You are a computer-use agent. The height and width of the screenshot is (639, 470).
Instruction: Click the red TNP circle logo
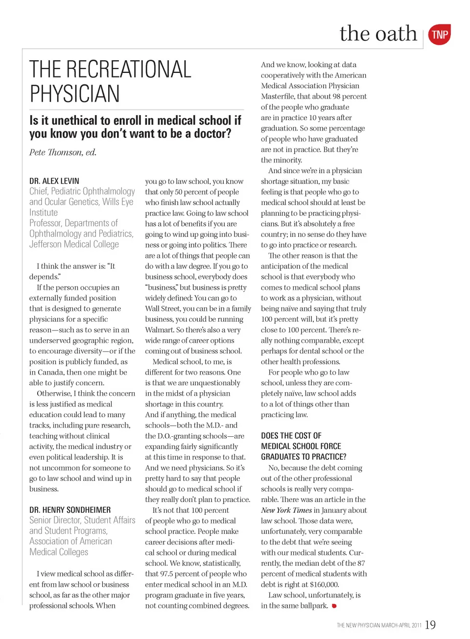439,35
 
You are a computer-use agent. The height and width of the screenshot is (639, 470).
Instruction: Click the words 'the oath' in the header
378,34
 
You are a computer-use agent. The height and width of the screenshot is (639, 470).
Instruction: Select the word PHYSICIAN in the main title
74,94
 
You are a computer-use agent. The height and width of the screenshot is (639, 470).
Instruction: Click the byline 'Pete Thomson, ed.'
63,152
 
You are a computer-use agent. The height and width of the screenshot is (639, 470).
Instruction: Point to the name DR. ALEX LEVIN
54,181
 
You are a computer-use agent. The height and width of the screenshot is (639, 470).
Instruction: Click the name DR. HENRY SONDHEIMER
70,510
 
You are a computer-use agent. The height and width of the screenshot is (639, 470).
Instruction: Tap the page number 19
430,625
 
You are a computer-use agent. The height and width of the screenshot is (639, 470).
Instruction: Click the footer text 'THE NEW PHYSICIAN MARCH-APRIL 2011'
378,625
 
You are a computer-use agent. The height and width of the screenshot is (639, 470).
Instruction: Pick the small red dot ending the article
334,606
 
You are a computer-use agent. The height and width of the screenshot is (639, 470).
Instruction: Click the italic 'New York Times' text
286,510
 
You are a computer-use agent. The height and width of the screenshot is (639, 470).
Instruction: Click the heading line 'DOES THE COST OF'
291,436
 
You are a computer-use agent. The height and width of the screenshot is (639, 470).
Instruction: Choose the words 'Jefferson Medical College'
74,244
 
